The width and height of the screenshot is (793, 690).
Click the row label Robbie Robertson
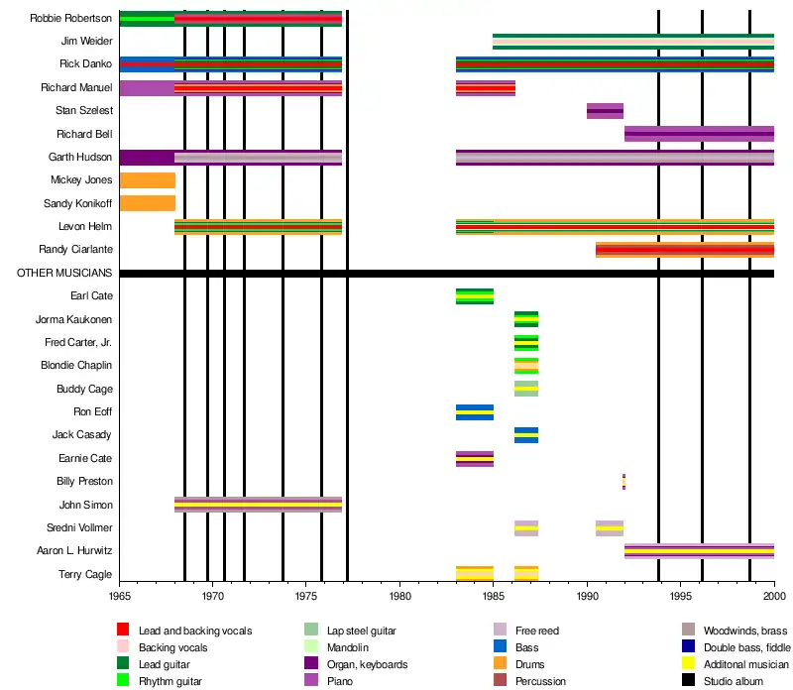click(70, 18)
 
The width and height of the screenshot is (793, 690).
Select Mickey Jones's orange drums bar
click(147, 180)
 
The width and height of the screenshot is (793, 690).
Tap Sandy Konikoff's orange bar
click(147, 203)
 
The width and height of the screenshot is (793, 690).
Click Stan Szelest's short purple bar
click(605, 111)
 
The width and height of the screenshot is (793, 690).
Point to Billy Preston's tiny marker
click(623, 482)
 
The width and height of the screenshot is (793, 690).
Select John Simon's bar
click(258, 505)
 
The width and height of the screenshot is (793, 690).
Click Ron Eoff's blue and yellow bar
click(474, 412)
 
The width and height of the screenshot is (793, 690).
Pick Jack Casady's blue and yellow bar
click(526, 435)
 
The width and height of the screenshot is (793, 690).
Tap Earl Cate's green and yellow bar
click(474, 296)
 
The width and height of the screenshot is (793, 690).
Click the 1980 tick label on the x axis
click(400, 597)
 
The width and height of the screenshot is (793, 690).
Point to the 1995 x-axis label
click(681, 597)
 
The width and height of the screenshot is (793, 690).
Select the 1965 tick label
click(119, 597)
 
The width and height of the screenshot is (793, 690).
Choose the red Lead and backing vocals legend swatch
click(123, 631)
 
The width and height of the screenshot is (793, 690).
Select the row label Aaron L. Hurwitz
click(73, 551)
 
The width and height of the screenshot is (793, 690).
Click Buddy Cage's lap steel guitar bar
click(526, 389)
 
